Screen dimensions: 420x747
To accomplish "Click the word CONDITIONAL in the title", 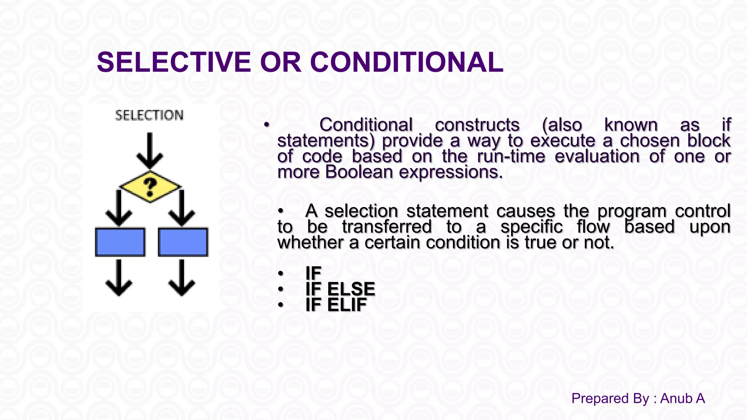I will [x=406, y=62].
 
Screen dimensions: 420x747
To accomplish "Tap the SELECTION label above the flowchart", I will [x=149, y=116].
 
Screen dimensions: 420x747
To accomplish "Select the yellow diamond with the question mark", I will [x=150, y=186].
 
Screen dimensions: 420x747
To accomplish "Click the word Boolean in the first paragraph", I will [x=359, y=172].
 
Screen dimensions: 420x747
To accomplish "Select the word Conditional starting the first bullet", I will [x=366, y=125].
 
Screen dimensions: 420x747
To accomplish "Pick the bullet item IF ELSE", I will [x=340, y=289].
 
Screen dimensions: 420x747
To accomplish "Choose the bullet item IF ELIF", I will [x=336, y=305].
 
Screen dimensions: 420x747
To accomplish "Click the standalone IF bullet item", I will [x=313, y=273].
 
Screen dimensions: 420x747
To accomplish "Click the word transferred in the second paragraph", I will [x=387, y=227].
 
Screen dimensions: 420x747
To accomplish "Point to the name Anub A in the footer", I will [x=682, y=398].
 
